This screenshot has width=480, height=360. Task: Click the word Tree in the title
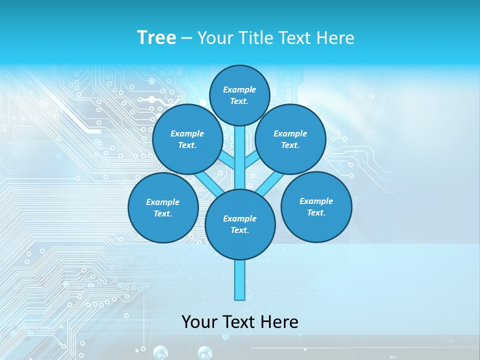[x=156, y=38]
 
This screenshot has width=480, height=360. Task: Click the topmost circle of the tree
[x=239, y=95]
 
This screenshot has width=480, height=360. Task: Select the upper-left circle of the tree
[x=187, y=139]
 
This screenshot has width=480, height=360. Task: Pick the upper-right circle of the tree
[x=290, y=139]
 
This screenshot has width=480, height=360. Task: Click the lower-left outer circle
[x=163, y=207]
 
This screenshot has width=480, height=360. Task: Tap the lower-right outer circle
[x=316, y=206]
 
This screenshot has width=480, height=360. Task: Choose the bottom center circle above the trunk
[x=240, y=224]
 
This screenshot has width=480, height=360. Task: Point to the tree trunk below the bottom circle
[x=240, y=280]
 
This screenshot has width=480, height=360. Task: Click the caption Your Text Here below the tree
[x=240, y=322]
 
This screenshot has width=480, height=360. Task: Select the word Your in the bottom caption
[x=199, y=322]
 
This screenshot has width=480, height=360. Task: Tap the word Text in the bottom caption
[x=238, y=322]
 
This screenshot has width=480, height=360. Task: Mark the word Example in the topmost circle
[x=239, y=89]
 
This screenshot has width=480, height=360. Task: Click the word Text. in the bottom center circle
[x=239, y=230]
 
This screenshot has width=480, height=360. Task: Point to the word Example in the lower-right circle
[x=316, y=201]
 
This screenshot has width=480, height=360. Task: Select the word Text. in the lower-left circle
[x=162, y=213]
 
